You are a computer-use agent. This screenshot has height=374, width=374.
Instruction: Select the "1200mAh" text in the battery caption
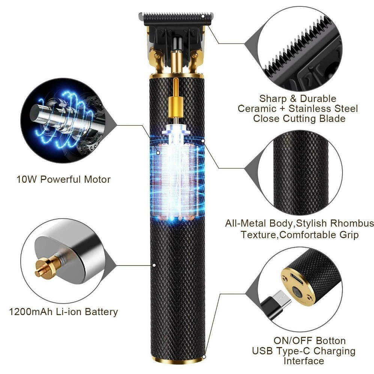(x=30, y=312)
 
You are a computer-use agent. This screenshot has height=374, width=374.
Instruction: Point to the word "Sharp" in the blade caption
(x=273, y=99)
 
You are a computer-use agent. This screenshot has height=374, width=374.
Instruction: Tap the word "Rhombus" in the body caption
(x=352, y=223)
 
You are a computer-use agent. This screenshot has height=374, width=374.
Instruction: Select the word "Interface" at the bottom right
(x=303, y=360)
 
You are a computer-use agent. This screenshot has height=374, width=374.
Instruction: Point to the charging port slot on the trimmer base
(x=296, y=279)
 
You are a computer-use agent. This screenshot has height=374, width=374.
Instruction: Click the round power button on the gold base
(x=297, y=292)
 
